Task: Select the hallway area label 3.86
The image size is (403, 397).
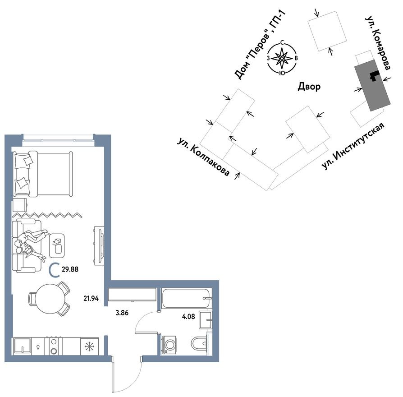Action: pyautogui.click(x=122, y=312)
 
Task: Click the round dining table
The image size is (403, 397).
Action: pyautogui.click(x=50, y=298)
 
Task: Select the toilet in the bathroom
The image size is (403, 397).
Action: pyautogui.click(x=199, y=344)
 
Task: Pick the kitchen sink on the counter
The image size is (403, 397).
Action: pyautogui.click(x=21, y=347)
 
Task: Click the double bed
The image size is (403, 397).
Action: pyautogui.click(x=43, y=174)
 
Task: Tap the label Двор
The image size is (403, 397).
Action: pyautogui.click(x=309, y=87)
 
